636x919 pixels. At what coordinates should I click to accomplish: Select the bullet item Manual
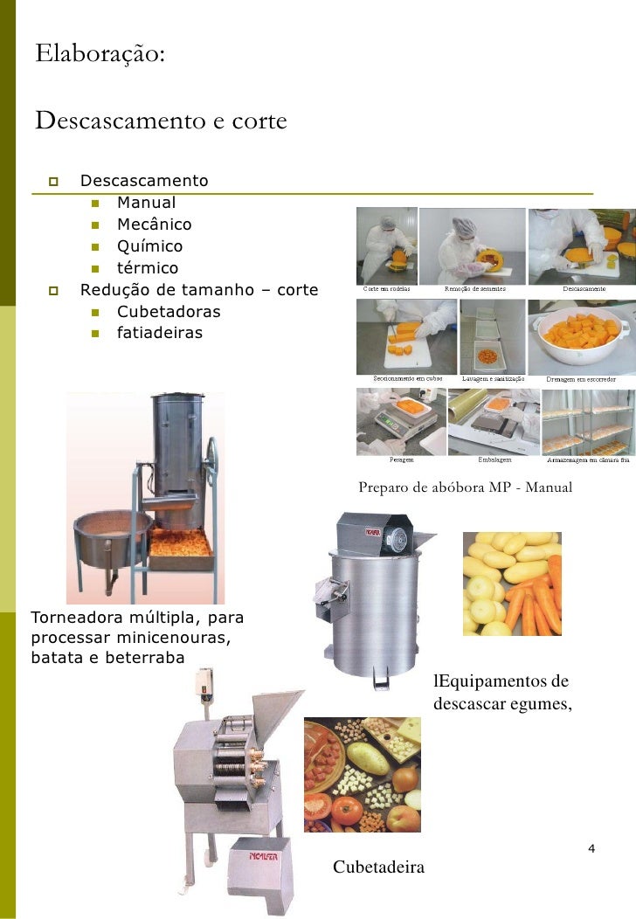point(146,203)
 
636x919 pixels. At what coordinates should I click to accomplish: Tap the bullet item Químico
point(149,246)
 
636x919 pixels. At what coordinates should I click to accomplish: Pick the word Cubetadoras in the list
point(169,311)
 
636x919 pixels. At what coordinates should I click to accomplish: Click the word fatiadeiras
point(160,333)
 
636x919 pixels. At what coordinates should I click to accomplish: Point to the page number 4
point(591,849)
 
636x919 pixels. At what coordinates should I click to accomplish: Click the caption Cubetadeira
point(378,867)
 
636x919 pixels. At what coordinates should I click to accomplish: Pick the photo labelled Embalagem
point(494,420)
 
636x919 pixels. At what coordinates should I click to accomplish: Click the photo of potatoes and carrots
point(511,583)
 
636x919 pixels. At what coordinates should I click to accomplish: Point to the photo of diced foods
point(362,775)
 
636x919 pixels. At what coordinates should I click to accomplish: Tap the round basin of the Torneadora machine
point(111,531)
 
